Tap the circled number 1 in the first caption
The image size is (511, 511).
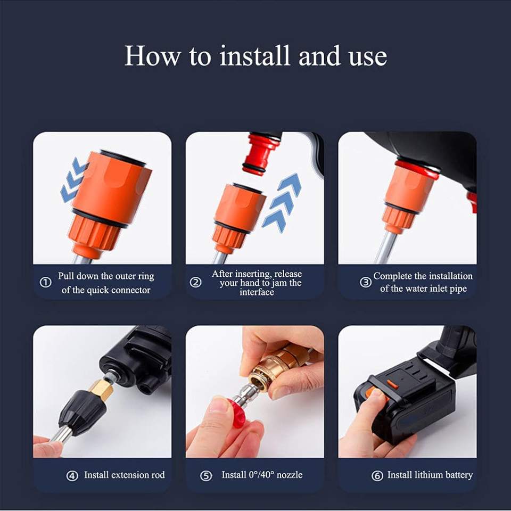pos(46,283)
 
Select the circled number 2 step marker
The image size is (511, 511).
pos(196,283)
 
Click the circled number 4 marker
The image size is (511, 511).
pos(72,476)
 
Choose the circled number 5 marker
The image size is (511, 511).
pos(206,476)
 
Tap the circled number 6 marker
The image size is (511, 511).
pos(377,476)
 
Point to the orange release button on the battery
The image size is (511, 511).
pos(392,384)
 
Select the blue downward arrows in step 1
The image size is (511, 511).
pos(72,180)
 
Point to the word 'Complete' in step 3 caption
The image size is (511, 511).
pos(393,276)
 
